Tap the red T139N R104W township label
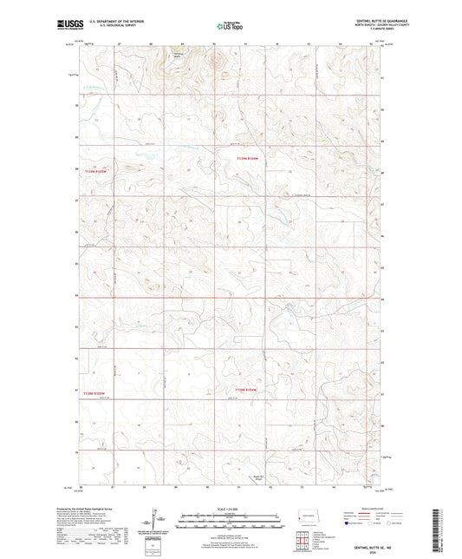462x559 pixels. click(x=248, y=158)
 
